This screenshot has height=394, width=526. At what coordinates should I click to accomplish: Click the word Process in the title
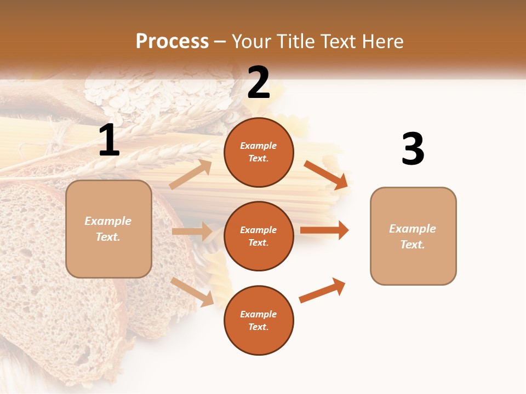coord(172,41)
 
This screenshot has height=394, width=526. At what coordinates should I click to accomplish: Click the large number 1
coord(108,141)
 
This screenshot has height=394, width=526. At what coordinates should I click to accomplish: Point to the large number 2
coord(259,83)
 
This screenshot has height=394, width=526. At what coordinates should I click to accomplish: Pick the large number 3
coord(413,149)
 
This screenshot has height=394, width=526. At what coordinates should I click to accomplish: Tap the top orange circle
coord(259,152)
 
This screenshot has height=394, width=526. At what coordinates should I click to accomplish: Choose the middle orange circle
coord(259,236)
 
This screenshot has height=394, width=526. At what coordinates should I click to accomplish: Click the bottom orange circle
coord(259,320)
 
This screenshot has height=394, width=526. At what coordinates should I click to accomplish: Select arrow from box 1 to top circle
coord(191,175)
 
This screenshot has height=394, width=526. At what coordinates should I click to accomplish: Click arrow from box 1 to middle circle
coord(191,231)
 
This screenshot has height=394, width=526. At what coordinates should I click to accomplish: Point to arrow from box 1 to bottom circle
coord(192,292)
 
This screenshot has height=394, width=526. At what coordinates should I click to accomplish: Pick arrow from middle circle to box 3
coord(324,230)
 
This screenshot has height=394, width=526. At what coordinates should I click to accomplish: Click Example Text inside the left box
coord(108,229)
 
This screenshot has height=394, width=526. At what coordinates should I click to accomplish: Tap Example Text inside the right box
coord(413,236)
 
